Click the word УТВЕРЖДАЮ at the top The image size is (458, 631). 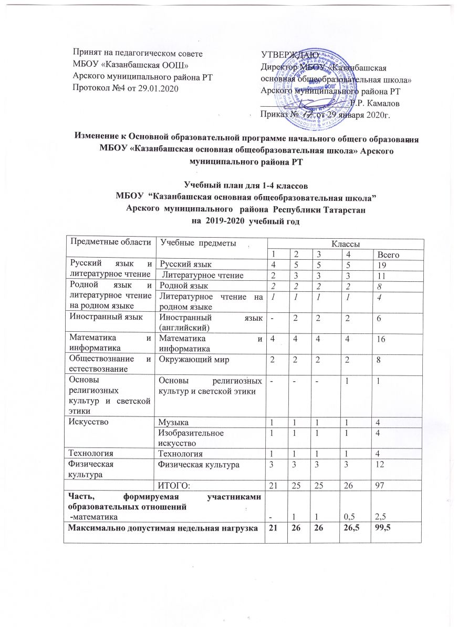tap(288, 54)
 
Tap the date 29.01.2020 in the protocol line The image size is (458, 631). tap(157, 88)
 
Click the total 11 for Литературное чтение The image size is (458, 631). tap(384, 275)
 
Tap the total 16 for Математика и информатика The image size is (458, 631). tap(384, 341)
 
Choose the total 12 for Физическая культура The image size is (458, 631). tap(384, 464)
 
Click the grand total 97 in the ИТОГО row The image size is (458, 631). tap(384, 483)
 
